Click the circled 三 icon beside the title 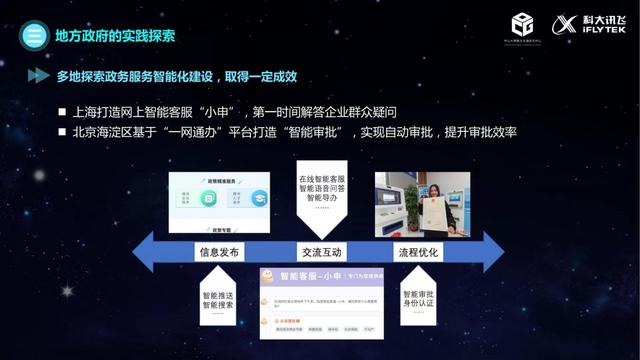pos(33,36)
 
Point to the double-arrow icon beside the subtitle pos(38,76)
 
